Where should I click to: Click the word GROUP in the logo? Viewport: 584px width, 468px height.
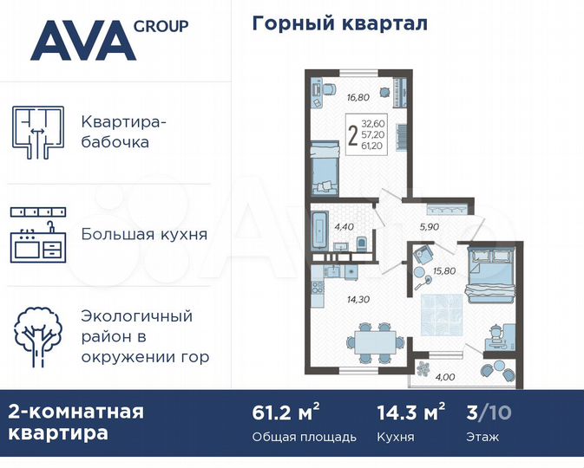[x=161, y=25]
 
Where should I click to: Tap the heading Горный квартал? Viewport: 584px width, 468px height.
[x=339, y=23]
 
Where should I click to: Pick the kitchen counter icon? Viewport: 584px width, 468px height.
[x=38, y=235]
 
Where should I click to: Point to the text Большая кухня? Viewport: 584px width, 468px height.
[x=143, y=234]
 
